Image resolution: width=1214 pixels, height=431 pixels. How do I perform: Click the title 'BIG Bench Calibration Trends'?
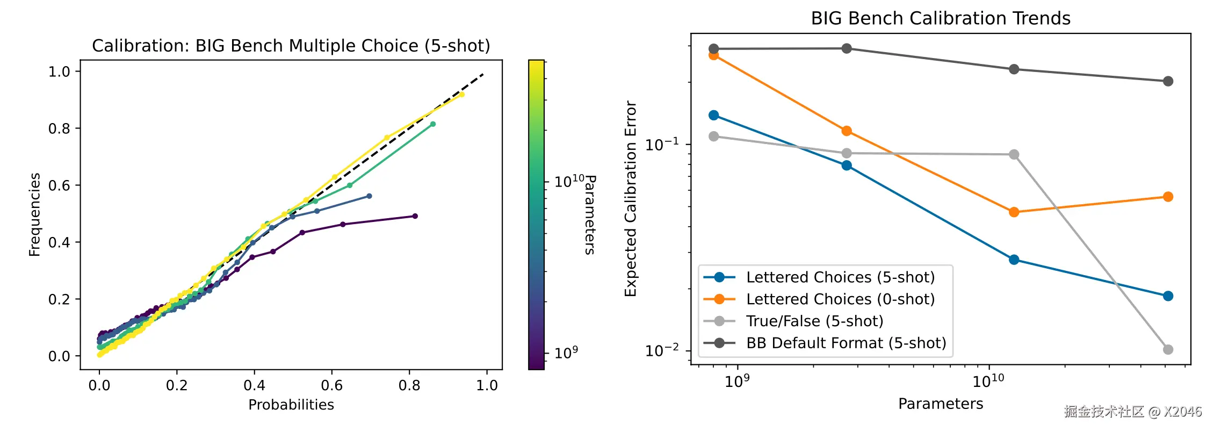(940, 18)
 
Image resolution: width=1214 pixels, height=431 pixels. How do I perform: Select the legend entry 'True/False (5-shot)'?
(814, 321)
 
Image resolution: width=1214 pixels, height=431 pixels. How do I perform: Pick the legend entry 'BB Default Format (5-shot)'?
(846, 343)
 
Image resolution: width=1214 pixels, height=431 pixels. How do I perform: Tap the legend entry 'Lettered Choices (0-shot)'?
(840, 299)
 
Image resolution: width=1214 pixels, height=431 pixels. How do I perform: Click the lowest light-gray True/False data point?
(1168, 349)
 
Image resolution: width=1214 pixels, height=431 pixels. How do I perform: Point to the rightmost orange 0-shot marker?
(1168, 197)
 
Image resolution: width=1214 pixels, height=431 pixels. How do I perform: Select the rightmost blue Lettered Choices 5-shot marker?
(1168, 296)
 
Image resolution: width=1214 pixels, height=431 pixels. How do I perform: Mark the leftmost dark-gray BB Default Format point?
(714, 49)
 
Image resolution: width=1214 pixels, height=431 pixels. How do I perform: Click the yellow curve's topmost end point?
(461, 95)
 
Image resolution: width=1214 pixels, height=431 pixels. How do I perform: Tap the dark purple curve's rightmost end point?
(415, 216)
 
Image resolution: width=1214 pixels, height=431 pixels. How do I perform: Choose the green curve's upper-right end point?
(433, 124)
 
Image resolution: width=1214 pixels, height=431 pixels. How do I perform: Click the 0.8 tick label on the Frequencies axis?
(59, 128)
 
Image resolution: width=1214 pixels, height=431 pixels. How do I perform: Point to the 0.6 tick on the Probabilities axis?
(331, 385)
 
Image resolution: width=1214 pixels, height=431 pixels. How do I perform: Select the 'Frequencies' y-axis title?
(35, 214)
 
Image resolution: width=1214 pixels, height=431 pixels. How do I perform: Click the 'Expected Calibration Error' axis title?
(631, 199)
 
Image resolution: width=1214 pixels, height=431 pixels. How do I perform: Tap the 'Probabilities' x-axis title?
(291, 405)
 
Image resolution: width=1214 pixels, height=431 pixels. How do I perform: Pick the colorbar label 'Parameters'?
(590, 214)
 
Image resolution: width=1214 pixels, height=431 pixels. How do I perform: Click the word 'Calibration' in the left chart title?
(141, 46)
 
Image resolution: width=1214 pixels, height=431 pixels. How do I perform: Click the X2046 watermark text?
(1182, 412)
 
